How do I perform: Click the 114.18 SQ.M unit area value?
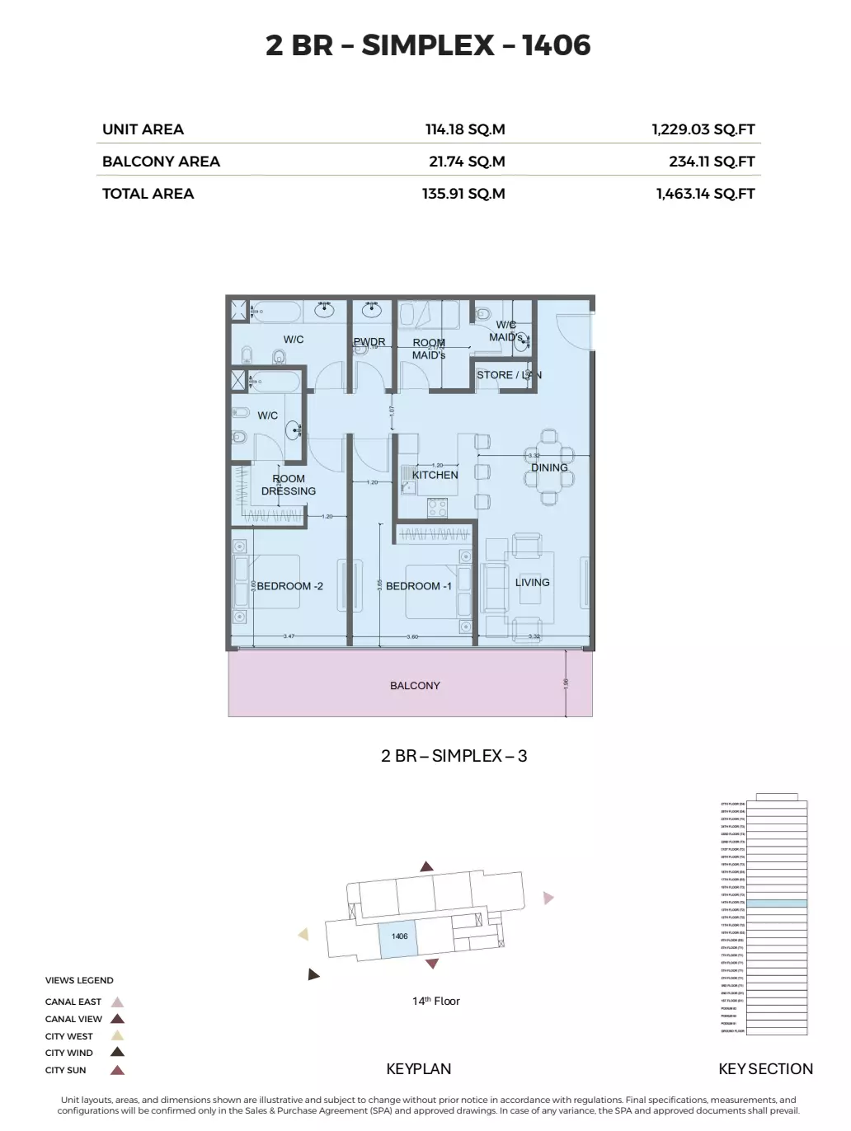465,129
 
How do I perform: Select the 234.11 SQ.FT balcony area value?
712,162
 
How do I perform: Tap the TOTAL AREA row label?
148,194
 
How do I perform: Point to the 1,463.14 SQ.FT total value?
705,194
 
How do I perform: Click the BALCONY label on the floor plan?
415,686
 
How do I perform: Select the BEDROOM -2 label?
289,586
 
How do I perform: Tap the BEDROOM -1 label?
419,586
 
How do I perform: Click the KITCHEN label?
435,475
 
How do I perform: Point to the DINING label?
549,467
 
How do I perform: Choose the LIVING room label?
532,582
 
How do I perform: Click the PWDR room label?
369,342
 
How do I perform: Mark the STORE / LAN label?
509,375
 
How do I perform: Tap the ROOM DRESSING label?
289,485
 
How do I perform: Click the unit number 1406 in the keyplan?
399,936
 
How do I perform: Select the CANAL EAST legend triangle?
117,1002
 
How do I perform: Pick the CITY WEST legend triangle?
117,1036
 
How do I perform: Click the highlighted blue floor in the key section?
776,903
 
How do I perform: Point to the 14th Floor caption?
435,1001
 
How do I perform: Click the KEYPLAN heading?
418,1069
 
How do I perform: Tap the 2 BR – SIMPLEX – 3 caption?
454,756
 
